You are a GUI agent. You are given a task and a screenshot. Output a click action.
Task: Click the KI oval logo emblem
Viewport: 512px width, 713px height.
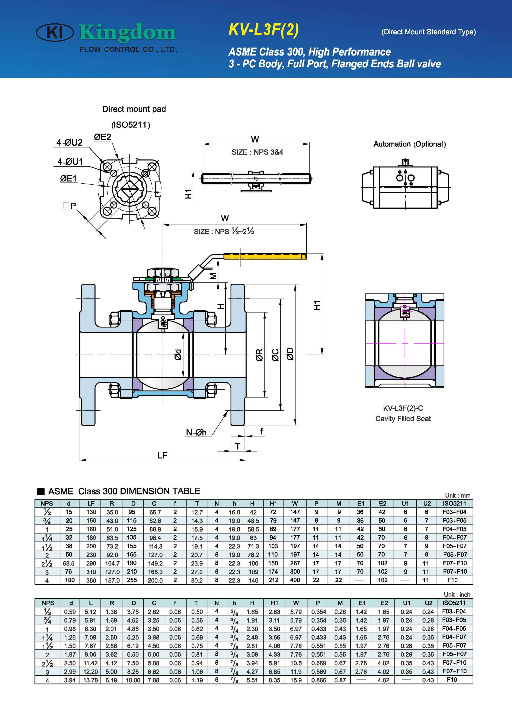click(55, 32)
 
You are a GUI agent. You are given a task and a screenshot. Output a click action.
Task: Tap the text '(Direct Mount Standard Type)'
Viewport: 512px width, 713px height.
click(428, 32)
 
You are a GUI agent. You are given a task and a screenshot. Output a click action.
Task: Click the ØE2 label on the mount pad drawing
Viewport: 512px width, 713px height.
click(103, 137)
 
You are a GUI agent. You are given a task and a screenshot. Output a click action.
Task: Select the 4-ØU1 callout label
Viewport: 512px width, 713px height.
click(70, 162)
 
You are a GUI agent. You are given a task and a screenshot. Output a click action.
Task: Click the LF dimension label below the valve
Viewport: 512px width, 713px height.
click(162, 455)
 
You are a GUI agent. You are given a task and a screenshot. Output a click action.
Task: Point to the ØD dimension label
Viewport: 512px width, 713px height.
click(290, 354)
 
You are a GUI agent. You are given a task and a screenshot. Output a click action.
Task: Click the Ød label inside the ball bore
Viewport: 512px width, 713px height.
click(178, 355)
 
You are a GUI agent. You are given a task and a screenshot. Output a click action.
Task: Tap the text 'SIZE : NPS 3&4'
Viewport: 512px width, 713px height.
click(257, 152)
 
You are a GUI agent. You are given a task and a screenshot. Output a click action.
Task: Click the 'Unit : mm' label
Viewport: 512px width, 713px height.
click(458, 496)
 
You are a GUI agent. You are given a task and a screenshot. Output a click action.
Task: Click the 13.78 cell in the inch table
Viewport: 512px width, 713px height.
click(91, 680)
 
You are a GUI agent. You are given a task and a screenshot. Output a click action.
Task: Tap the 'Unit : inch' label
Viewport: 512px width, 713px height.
click(457, 594)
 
